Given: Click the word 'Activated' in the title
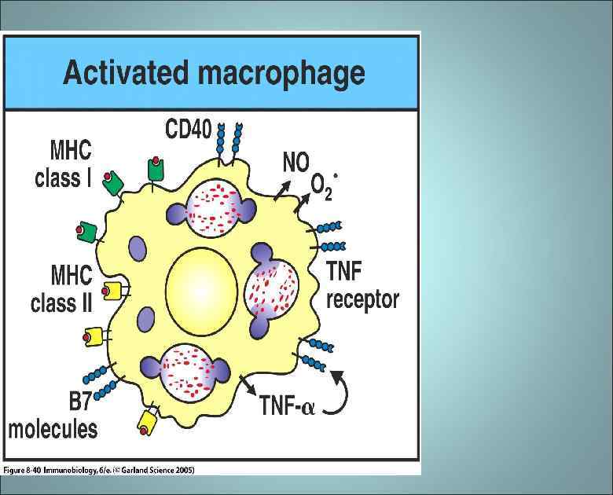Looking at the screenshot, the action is click(x=125, y=72).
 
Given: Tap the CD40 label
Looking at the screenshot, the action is click(x=188, y=128).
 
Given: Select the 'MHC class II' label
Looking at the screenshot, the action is click(x=62, y=289).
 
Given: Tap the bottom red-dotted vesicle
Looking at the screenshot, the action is click(x=186, y=368).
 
